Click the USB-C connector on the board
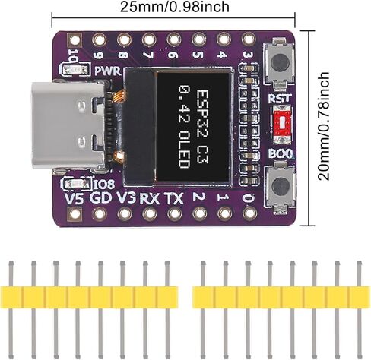68,125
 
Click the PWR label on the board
107,71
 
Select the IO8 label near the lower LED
104,185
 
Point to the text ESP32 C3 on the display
202,127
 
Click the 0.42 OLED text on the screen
183,127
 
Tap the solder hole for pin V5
75,214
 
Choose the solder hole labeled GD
100,214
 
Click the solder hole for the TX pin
175,214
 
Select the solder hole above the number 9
99,39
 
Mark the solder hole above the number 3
249,39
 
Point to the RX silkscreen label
150,199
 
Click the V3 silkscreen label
126,198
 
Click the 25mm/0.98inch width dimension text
175,7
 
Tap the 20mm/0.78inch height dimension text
324,126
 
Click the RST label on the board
280,98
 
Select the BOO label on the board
281,153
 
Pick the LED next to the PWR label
75,70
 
